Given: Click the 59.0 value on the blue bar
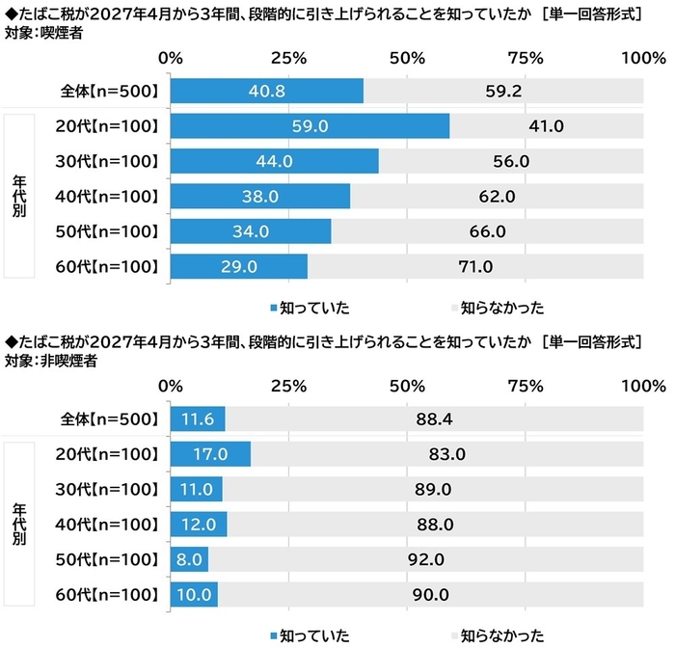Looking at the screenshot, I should (310, 126).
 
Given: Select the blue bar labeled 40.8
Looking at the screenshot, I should (267, 92).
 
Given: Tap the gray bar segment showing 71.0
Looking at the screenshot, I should (475, 266).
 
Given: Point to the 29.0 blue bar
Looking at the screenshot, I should (238, 266).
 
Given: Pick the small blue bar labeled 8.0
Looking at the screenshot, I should (189, 559).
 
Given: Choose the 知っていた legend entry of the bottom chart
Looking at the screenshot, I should (308, 634).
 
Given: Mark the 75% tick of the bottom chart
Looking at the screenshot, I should (525, 386).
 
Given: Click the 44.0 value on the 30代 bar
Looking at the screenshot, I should (275, 161).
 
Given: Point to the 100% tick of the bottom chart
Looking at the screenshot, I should (640, 386).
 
